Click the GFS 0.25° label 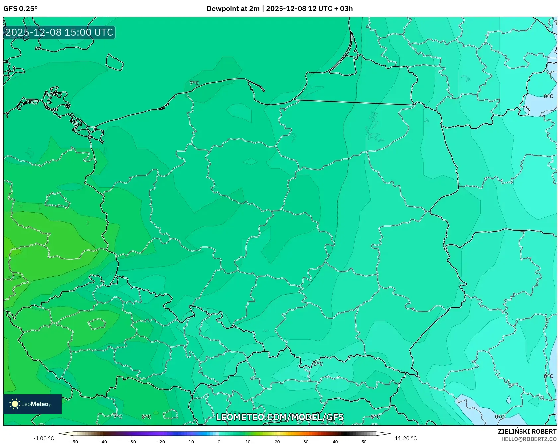point(20,9)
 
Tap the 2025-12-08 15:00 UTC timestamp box point(59,32)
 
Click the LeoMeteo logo point(33,404)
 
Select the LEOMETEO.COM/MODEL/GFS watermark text point(280,417)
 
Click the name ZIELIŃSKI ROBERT point(527,431)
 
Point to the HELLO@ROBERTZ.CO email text point(528,439)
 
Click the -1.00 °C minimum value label point(43,438)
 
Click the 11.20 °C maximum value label point(405,438)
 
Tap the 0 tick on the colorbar point(219,442)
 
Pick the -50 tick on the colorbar point(74,442)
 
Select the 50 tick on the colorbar point(364,442)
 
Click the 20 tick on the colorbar point(277,442)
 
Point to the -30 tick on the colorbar point(132,442)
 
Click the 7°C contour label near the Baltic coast point(194,83)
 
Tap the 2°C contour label point(318,364)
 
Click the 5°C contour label point(375,417)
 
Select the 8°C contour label point(146,417)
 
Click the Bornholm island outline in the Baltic point(115,63)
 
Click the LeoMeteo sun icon point(15,404)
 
